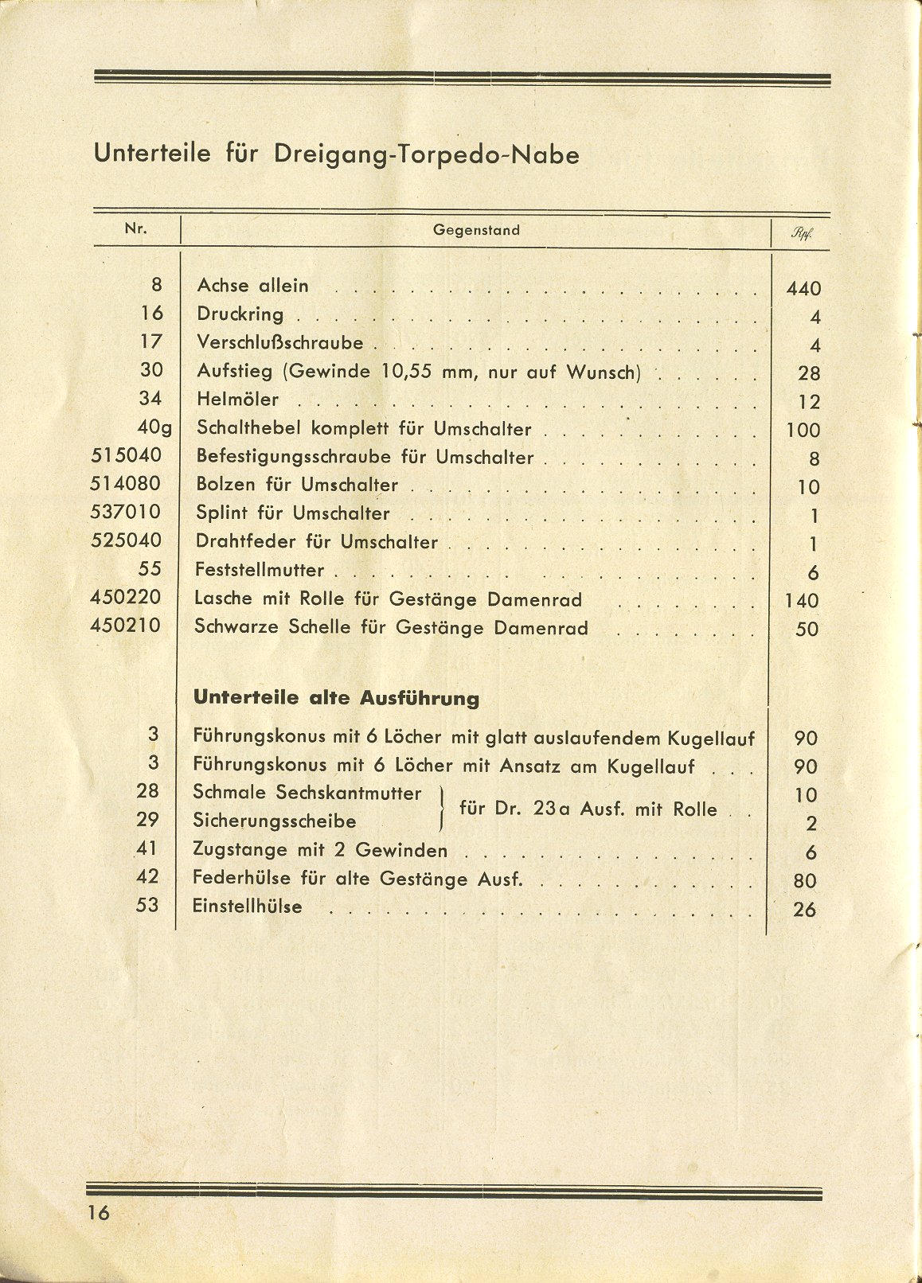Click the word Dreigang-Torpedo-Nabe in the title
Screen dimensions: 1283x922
coord(426,154)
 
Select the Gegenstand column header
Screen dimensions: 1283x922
coord(476,230)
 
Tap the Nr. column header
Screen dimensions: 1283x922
coord(136,228)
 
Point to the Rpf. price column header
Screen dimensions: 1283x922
coord(802,235)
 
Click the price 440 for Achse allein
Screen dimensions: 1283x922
coord(803,289)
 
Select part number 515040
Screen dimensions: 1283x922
coord(126,455)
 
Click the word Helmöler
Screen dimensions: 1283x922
coord(237,400)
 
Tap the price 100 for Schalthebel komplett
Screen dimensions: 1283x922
coord(803,431)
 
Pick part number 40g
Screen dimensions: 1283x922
coord(154,427)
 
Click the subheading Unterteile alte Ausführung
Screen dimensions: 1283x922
coord(336,699)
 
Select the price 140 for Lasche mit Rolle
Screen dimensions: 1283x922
coord(802,601)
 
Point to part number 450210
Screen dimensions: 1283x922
coord(126,626)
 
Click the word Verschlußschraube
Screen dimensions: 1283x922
coord(279,343)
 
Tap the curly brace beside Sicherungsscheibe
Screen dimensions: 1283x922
coord(442,808)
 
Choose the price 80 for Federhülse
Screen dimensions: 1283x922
coord(806,881)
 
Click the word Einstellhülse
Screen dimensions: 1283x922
coord(247,907)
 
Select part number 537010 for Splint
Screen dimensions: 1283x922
coord(126,512)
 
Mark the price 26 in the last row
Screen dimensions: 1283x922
coord(805,909)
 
